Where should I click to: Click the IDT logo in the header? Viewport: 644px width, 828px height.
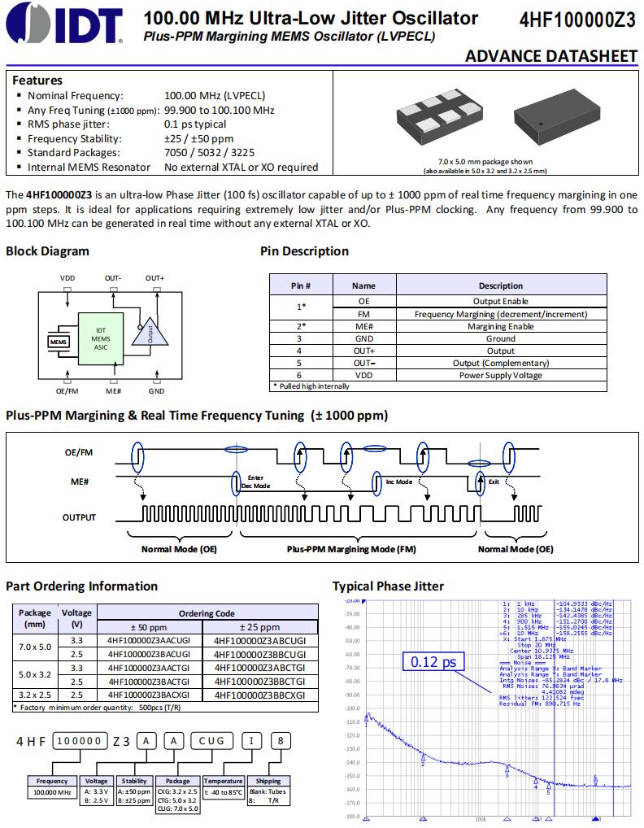tap(63, 23)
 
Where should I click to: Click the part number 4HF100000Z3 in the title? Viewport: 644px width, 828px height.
tap(577, 20)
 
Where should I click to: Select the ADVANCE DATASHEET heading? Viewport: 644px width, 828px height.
tap(550, 55)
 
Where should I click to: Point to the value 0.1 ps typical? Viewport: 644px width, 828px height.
tap(195, 124)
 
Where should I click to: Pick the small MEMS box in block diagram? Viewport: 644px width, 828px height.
tap(58, 342)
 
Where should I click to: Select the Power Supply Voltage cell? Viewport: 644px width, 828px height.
tap(500, 375)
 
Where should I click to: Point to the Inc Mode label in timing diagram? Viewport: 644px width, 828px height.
tap(398, 482)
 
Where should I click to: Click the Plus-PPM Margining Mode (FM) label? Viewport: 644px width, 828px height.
tap(351, 549)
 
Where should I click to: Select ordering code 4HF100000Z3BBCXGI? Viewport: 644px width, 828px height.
tap(259, 695)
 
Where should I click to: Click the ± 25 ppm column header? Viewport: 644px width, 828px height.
tap(259, 627)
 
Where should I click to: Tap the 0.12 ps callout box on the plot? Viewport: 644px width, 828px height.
tap(433, 662)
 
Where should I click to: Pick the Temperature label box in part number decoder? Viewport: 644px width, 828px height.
tap(223, 781)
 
